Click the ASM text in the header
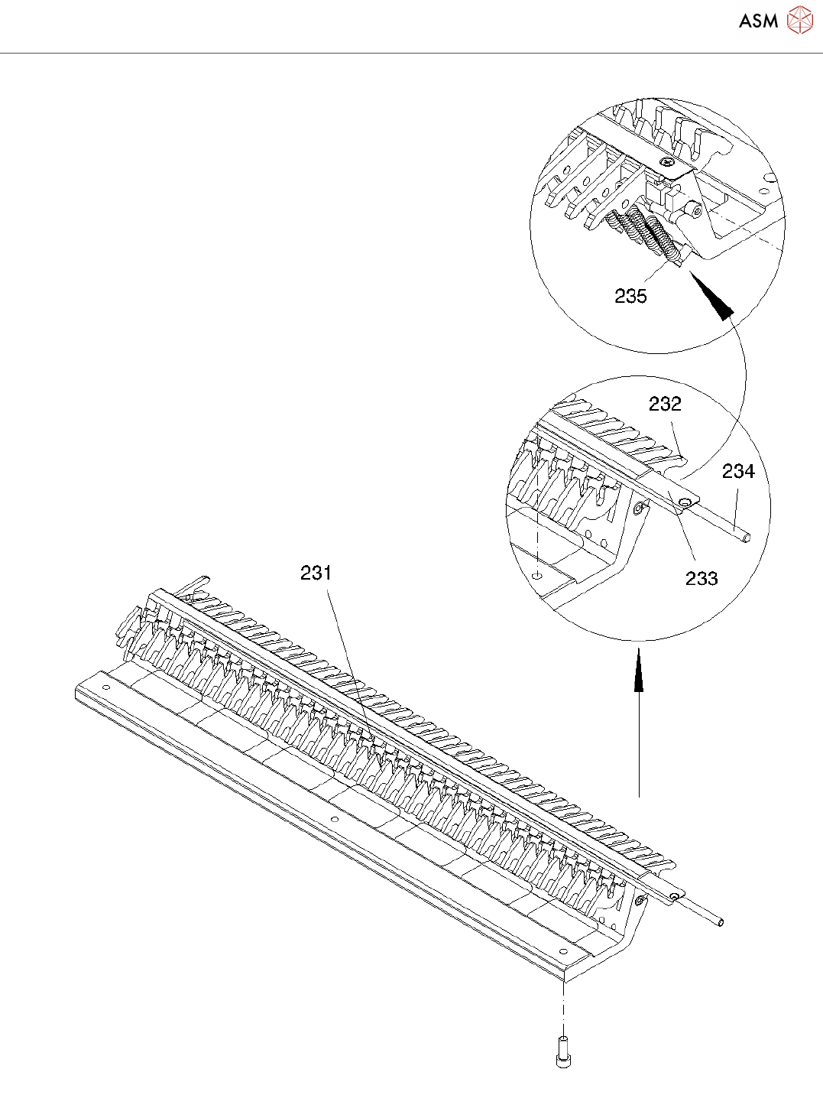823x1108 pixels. (x=758, y=21)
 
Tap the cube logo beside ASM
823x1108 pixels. (x=799, y=21)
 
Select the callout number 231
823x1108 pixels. (x=316, y=573)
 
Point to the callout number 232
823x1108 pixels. (x=665, y=404)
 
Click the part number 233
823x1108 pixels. (x=701, y=578)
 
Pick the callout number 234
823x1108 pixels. (x=738, y=472)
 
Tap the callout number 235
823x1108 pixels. (x=630, y=296)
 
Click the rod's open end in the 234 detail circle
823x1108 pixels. (x=747, y=537)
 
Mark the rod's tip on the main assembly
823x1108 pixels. (x=721, y=922)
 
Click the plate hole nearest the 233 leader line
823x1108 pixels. (x=685, y=502)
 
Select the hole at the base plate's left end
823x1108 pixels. (x=105, y=687)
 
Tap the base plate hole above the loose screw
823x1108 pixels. (x=563, y=951)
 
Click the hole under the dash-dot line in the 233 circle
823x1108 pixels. (x=538, y=574)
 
